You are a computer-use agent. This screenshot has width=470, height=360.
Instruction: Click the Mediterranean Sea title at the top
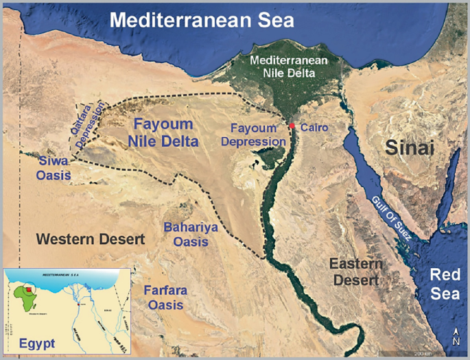[x=202, y=20]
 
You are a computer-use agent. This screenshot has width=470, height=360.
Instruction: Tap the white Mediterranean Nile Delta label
[x=284, y=65]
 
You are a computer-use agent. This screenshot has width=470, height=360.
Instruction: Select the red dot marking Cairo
[x=292, y=126]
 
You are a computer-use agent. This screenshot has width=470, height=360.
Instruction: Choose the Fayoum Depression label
[x=257, y=134]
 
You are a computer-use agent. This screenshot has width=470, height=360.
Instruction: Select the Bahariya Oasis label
[x=185, y=234]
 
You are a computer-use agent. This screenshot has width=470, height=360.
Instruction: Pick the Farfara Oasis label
[x=165, y=297]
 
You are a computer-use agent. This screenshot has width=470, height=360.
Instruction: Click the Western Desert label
[x=91, y=239]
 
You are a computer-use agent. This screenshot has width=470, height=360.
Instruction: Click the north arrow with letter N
[x=456, y=337]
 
